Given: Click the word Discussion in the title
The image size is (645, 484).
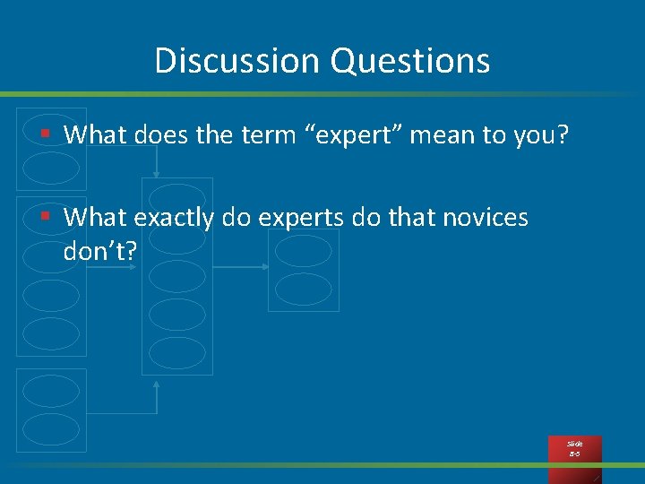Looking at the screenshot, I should pos(236,61).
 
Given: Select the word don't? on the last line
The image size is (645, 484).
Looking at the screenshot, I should pos(100,252).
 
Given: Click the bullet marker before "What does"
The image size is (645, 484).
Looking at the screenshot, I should pos(46,134).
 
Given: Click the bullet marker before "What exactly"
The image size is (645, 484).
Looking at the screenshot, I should pos(46,217).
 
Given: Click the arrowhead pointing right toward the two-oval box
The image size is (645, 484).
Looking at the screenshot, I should pos(265,266).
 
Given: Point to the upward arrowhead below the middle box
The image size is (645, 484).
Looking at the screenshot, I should pos(157,383).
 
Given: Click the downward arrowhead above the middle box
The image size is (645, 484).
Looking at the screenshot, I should pos(157,173).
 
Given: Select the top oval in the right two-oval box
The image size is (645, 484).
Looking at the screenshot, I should pos(303,251).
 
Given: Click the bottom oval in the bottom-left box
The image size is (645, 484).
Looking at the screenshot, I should pos(51,428).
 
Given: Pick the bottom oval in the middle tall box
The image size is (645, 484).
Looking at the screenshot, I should pos(176,352).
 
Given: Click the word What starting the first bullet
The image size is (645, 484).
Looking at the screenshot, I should pos(96,135).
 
